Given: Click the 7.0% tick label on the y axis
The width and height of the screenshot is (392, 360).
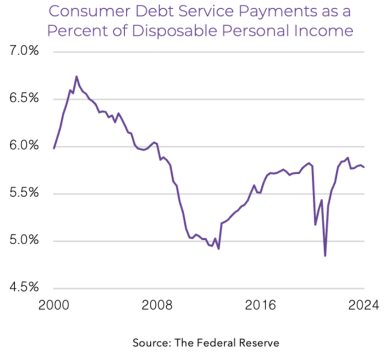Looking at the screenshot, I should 23,52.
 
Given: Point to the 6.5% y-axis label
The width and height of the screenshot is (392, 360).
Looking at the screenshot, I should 23,99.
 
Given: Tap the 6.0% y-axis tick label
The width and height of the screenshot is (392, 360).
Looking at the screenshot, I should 23,146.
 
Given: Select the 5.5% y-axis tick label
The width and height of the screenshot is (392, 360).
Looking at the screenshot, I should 23,193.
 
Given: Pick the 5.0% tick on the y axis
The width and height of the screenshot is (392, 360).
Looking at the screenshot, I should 23,241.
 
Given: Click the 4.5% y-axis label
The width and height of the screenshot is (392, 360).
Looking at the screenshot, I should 23,288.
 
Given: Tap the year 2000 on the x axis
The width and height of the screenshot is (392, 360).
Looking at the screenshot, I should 54,306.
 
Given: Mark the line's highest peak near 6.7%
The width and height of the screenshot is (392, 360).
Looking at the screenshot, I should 77,76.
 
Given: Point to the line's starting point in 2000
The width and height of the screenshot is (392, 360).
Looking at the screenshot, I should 54,148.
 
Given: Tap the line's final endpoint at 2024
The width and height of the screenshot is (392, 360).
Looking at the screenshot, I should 364,167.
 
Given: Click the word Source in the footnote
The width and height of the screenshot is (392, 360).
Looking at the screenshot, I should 149,343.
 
